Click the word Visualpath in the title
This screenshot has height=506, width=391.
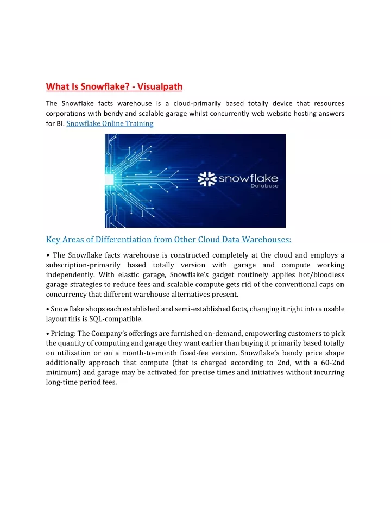point(160,86)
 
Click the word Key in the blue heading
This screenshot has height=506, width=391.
point(53,239)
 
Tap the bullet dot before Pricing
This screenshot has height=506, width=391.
point(48,333)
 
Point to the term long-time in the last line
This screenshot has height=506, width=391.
point(62,382)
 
